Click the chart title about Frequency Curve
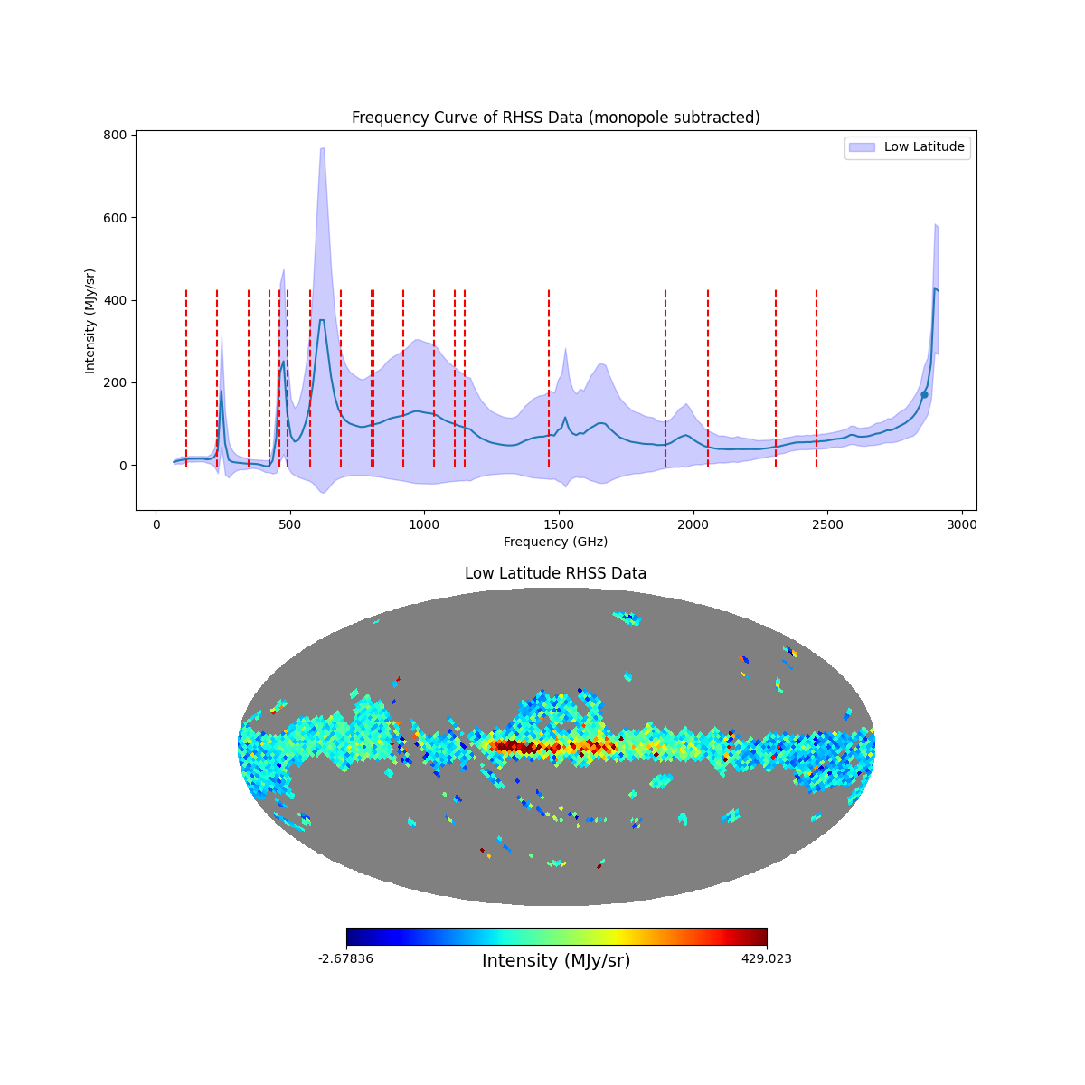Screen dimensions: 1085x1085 click(x=555, y=118)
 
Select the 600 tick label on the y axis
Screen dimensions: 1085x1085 click(x=115, y=218)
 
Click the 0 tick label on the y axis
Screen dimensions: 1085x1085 click(x=121, y=466)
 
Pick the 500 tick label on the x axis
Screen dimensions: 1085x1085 click(x=290, y=524)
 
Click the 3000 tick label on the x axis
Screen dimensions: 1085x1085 click(x=962, y=524)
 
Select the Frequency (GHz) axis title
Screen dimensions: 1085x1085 click(x=555, y=542)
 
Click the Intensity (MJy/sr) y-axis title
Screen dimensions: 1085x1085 click(x=90, y=321)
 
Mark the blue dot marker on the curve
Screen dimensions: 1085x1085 click(x=924, y=394)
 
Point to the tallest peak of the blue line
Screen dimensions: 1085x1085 click(x=935, y=288)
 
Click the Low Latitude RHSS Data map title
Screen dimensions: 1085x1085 click(x=555, y=573)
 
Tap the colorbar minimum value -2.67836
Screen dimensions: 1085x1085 click(x=345, y=958)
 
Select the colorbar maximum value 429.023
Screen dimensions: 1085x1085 click(x=766, y=958)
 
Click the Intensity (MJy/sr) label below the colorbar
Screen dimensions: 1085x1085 click(x=555, y=961)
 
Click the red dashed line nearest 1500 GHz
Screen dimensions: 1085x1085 click(x=549, y=380)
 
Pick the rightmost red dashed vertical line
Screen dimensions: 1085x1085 click(x=816, y=380)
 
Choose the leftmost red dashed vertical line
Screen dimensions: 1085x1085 click(x=186, y=380)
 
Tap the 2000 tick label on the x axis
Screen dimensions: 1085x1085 click(x=693, y=524)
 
